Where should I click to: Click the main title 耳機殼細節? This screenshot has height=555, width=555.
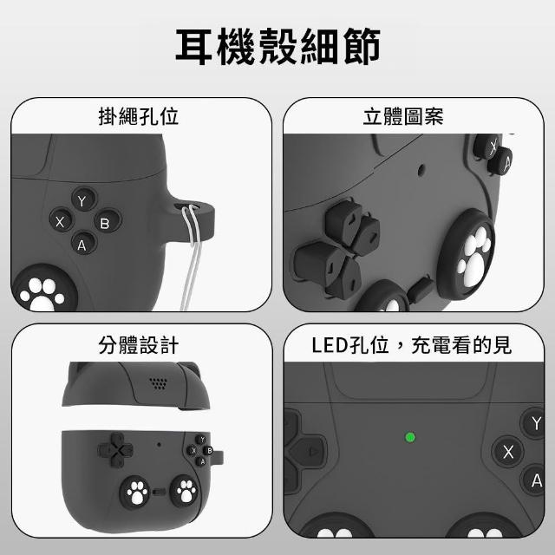tap(277, 46)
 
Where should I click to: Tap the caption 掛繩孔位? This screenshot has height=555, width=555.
tap(139, 116)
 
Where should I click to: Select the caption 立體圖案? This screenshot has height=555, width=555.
tap(403, 116)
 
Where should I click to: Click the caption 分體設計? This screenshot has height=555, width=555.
tap(139, 345)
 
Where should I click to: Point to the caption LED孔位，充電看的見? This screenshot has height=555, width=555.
tap(412, 345)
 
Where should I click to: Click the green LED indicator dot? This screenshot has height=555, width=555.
tap(410, 437)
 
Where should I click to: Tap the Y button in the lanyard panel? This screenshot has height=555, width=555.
tap(83, 200)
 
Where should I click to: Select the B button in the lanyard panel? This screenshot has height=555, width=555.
tap(108, 222)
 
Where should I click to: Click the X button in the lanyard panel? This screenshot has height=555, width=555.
tap(61, 221)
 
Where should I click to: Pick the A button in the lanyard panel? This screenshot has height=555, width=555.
tap(83, 244)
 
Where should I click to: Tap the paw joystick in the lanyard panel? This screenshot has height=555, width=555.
tap(43, 288)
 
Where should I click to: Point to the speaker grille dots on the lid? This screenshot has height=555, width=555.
tap(158, 383)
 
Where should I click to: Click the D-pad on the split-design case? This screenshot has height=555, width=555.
tap(115, 450)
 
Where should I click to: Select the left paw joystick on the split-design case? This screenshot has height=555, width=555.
tap(135, 492)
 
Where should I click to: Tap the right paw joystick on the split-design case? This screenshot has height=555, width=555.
tap(185, 491)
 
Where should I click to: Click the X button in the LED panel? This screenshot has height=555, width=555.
tap(507, 452)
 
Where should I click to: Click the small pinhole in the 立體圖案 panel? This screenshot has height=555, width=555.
tap(421, 170)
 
